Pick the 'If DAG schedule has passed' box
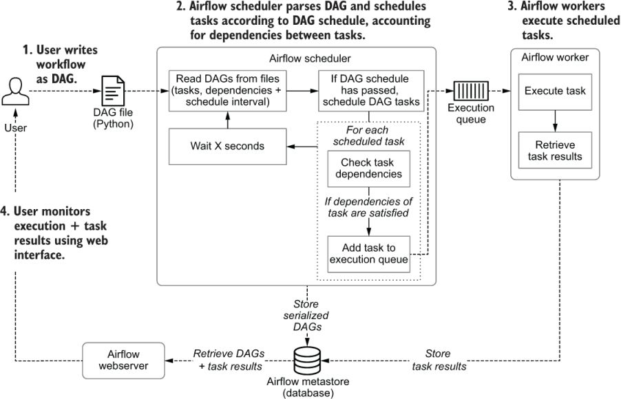point(362,91)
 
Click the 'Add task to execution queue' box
point(368,255)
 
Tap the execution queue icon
point(470,91)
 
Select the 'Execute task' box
point(556,91)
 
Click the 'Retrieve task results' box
point(556,151)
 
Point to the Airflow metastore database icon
point(307,358)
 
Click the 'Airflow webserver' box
point(123,359)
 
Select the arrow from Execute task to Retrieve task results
point(556,120)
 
